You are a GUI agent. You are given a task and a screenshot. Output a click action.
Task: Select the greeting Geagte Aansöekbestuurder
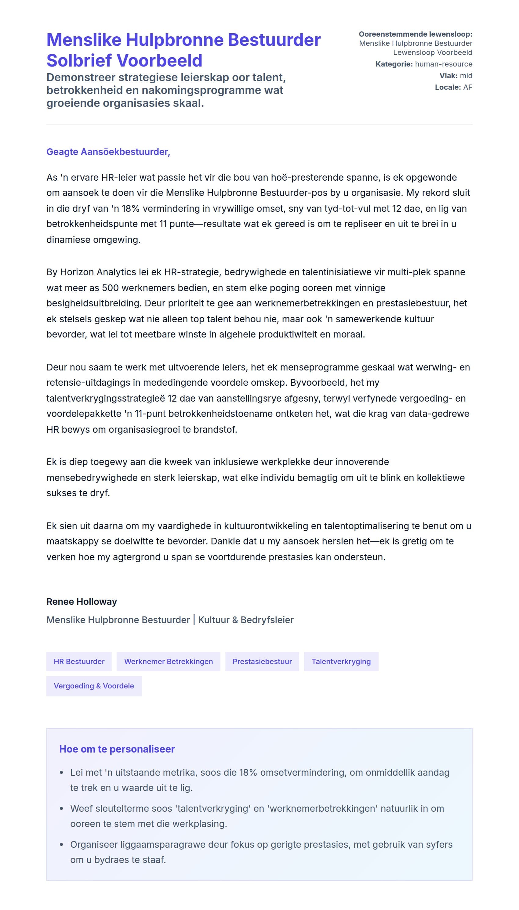108,152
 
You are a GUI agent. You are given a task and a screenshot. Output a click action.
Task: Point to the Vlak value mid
466,76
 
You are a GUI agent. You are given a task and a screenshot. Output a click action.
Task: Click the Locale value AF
468,87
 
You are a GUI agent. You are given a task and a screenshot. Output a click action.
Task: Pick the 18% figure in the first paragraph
130,208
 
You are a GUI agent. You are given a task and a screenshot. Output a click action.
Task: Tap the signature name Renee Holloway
82,601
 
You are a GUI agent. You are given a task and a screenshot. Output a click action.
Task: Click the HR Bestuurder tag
79,661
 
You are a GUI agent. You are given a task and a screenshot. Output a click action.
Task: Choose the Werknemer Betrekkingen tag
168,661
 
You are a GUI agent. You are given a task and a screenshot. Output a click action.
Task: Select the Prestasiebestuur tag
262,661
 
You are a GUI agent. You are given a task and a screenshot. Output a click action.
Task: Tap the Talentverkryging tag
341,661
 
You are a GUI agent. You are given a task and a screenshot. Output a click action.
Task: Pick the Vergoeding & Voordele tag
94,686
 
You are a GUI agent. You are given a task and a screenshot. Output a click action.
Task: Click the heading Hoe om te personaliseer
117,749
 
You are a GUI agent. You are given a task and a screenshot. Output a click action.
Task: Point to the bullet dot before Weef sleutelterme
62,808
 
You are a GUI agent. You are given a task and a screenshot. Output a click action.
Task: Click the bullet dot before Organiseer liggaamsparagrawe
62,844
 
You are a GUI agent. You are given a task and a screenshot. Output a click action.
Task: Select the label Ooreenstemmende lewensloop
415,34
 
